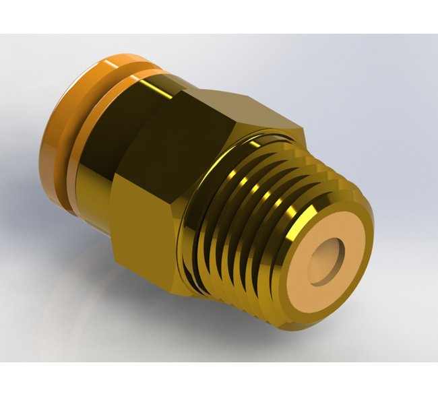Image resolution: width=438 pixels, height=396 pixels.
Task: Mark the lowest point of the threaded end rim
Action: tap(296, 327)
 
